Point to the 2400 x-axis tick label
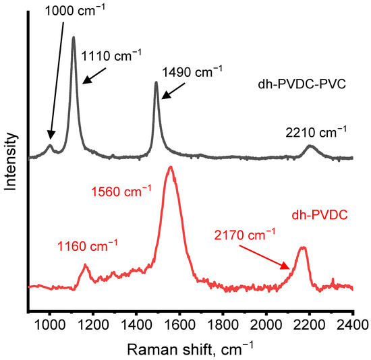[x=353, y=322]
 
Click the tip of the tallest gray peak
[x=74, y=37]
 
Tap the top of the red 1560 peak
[x=171, y=167]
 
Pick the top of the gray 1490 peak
[x=156, y=82]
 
